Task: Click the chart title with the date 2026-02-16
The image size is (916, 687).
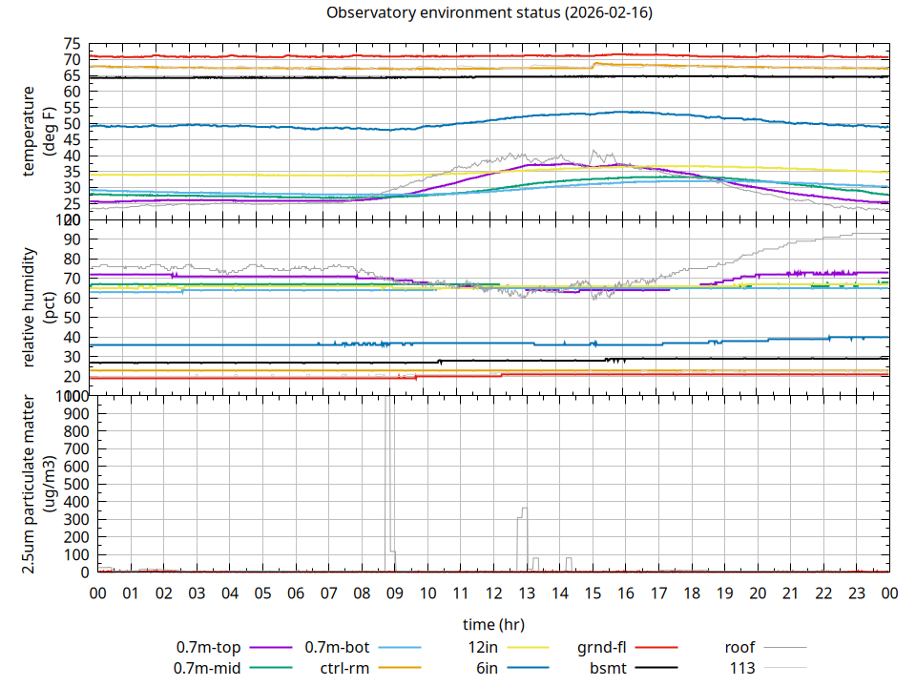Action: coord(489,13)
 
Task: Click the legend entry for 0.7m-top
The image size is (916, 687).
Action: coord(208,647)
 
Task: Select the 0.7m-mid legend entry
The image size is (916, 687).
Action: coord(208,668)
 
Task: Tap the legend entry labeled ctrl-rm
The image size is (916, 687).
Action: coord(344,668)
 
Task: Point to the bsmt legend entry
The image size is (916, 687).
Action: coord(608,668)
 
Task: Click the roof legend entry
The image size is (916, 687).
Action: coord(739,647)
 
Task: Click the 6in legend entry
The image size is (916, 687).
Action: coord(487,668)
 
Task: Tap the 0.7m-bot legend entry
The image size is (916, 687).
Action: coord(337,647)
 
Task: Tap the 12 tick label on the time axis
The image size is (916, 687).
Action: coord(493,593)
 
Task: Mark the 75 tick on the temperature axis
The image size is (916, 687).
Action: coord(72,44)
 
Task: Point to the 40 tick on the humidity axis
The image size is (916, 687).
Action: coord(72,337)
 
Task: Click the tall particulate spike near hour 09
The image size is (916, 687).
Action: coord(388,477)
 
